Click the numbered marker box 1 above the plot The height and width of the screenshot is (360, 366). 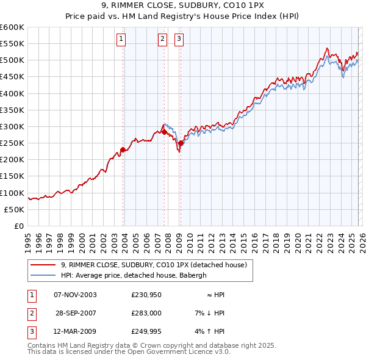coord(121,40)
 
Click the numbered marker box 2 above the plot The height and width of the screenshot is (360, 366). coord(163,40)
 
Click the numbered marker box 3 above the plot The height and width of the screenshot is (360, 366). coord(179,40)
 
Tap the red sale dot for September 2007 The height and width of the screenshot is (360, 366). coord(164,132)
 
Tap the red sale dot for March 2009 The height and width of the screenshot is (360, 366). coord(180,143)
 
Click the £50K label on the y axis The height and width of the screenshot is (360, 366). coord(15,209)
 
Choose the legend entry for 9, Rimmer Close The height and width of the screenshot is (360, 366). coord(153,265)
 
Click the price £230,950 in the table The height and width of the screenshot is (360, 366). coord(145,295)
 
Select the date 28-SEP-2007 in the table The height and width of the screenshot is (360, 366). coord(76,313)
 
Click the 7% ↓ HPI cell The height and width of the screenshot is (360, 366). coord(210,313)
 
